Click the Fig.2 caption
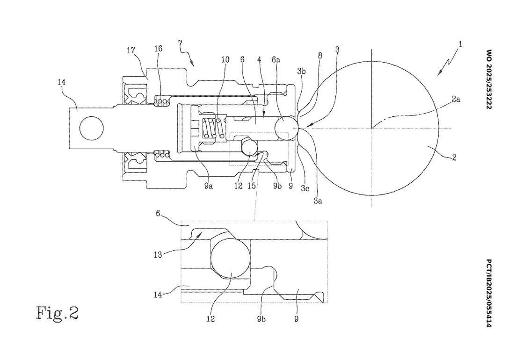[x=58, y=313]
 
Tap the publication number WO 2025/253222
[x=489, y=79]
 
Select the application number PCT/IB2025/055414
[x=489, y=293]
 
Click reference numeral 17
[x=131, y=50]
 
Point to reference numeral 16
[x=158, y=49]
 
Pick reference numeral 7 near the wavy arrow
[x=180, y=43]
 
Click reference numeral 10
[x=225, y=59]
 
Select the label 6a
[x=276, y=59]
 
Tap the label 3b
[x=301, y=72]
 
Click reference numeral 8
[x=320, y=55]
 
